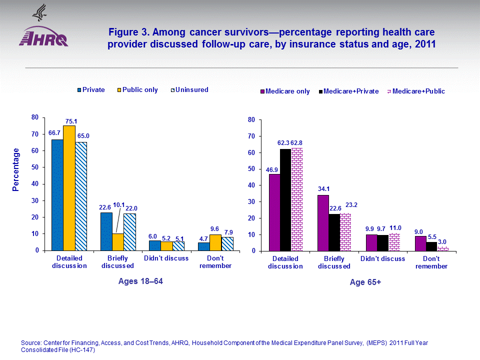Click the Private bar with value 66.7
[57, 195]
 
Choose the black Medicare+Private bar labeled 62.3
[285, 199]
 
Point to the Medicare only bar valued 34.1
[322, 222]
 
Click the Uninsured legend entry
[190, 90]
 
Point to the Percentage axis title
[16, 169]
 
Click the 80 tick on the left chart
[35, 117]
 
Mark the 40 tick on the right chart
[251, 185]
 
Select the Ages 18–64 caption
[140, 281]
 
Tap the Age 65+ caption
[365, 282]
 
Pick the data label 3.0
[442, 241]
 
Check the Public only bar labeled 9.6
[215, 242]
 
